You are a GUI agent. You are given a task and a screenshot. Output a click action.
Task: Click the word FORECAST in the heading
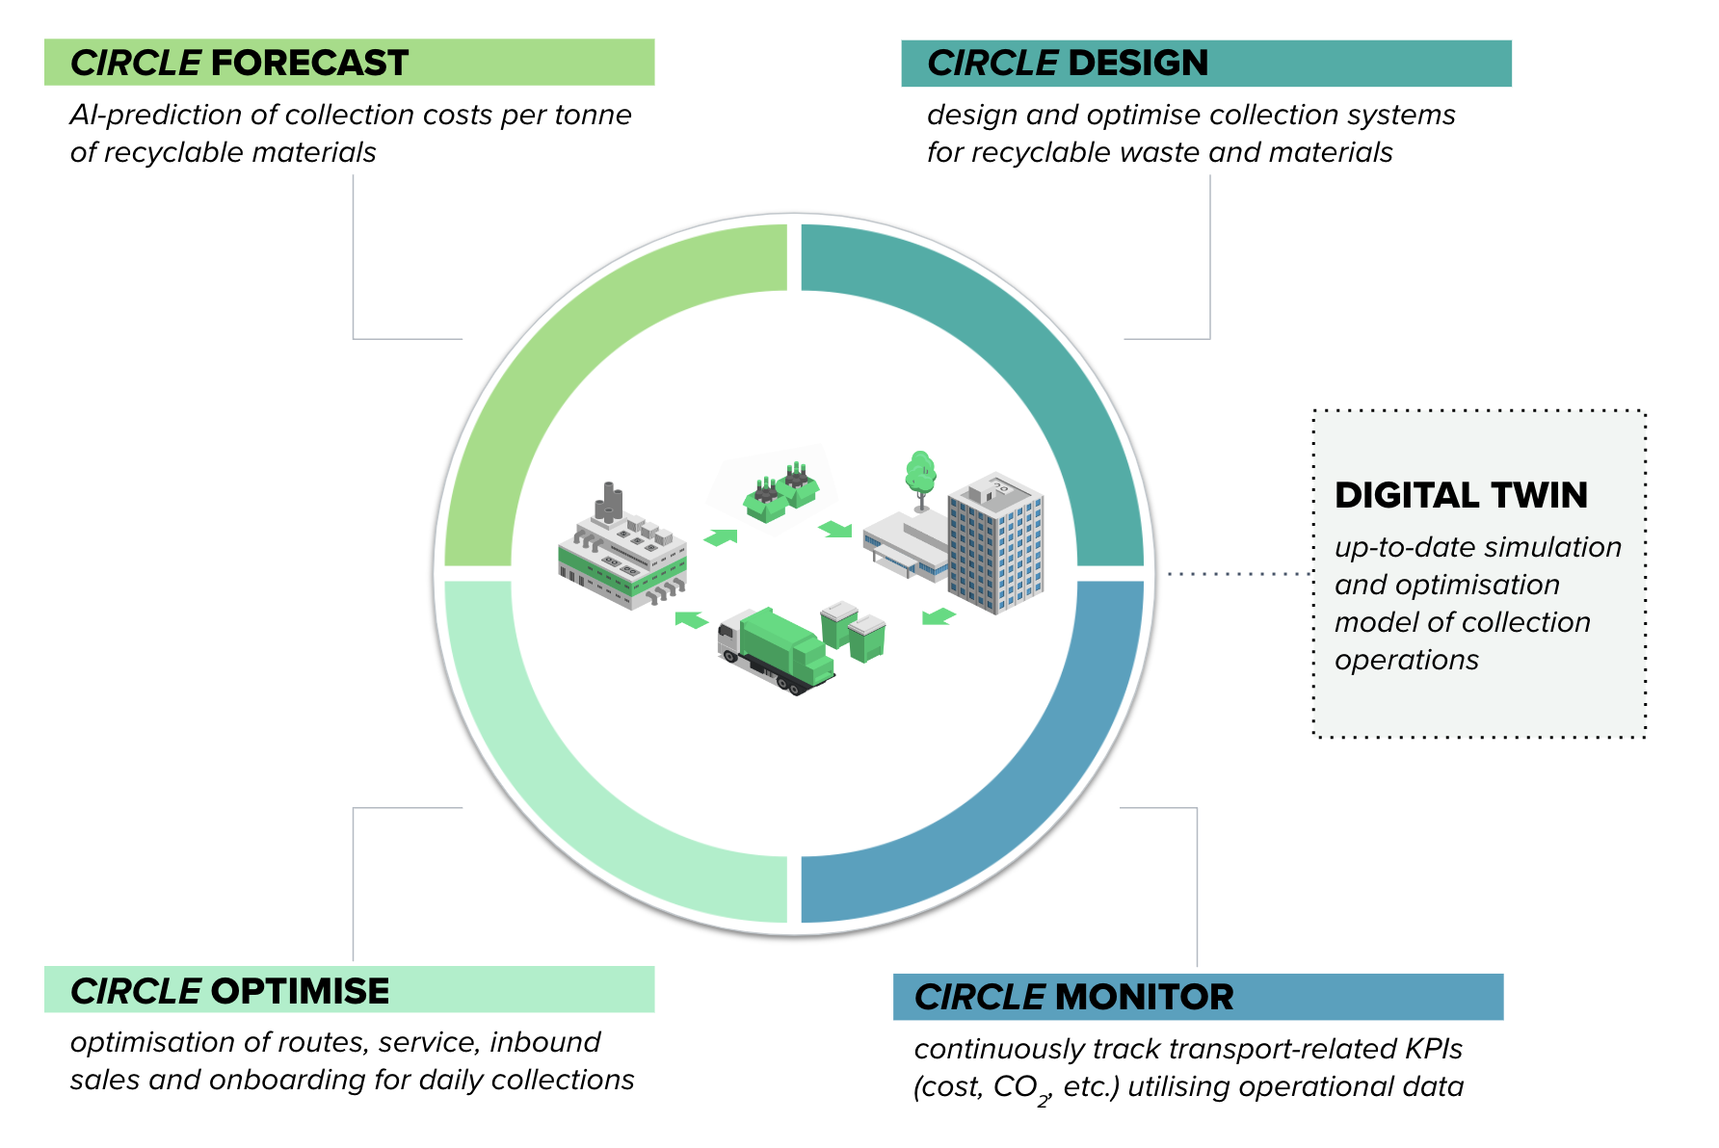tap(309, 64)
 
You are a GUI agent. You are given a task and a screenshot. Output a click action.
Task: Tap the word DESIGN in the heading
tap(1138, 64)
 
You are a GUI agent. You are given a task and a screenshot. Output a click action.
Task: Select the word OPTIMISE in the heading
tap(300, 991)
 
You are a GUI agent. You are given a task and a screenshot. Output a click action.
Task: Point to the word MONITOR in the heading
tap(1144, 998)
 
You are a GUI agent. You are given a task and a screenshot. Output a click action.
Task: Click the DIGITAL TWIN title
tap(1461, 495)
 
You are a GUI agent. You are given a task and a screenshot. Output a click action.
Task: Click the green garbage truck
tap(777, 650)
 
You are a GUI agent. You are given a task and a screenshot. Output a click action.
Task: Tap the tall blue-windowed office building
tap(996, 542)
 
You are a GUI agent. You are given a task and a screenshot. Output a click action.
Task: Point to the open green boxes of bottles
tap(780, 491)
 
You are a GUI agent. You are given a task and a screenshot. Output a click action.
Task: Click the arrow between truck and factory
tap(692, 619)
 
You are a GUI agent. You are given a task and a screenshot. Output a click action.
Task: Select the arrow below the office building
tap(939, 616)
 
